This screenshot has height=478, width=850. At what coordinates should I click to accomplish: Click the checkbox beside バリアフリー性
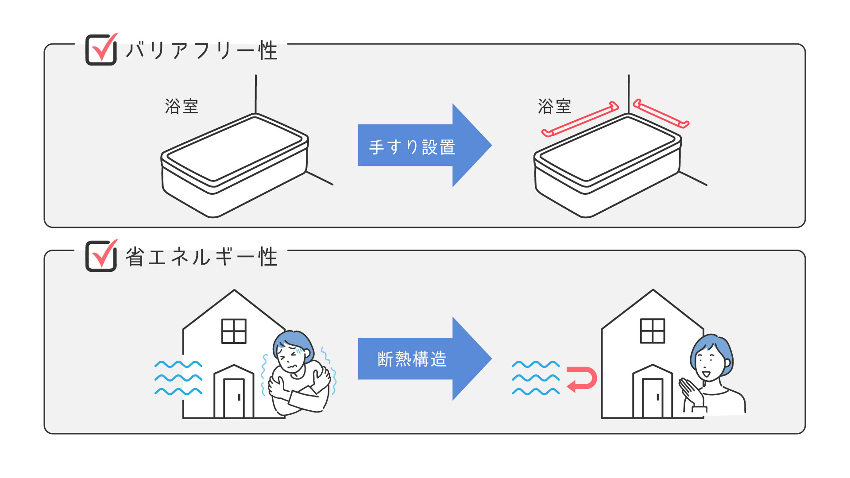pos(101,50)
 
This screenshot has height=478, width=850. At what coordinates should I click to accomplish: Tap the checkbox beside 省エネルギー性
pos(101,256)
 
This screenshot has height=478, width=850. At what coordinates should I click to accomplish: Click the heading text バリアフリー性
pos(201,50)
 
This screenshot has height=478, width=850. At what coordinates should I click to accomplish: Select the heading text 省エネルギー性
pos(201,257)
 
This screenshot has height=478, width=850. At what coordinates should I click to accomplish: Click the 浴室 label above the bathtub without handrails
pos(182,106)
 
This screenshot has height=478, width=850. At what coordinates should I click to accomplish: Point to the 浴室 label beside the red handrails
pos(554,106)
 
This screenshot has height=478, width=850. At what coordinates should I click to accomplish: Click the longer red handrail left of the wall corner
pos(580,119)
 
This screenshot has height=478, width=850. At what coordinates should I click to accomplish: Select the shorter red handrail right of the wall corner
pos(661,113)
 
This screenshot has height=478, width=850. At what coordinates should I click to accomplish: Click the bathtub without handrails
pos(235,166)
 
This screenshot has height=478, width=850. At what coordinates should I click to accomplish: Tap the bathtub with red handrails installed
pos(607,166)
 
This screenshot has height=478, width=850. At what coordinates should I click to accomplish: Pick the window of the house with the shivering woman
pos(234,331)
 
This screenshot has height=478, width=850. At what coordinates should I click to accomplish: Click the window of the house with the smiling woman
pos(653,331)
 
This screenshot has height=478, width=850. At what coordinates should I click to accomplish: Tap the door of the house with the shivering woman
pos(234,398)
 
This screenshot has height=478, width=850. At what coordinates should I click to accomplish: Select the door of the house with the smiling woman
pos(653,398)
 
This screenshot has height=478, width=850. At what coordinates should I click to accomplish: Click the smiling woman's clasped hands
pos(691,392)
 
